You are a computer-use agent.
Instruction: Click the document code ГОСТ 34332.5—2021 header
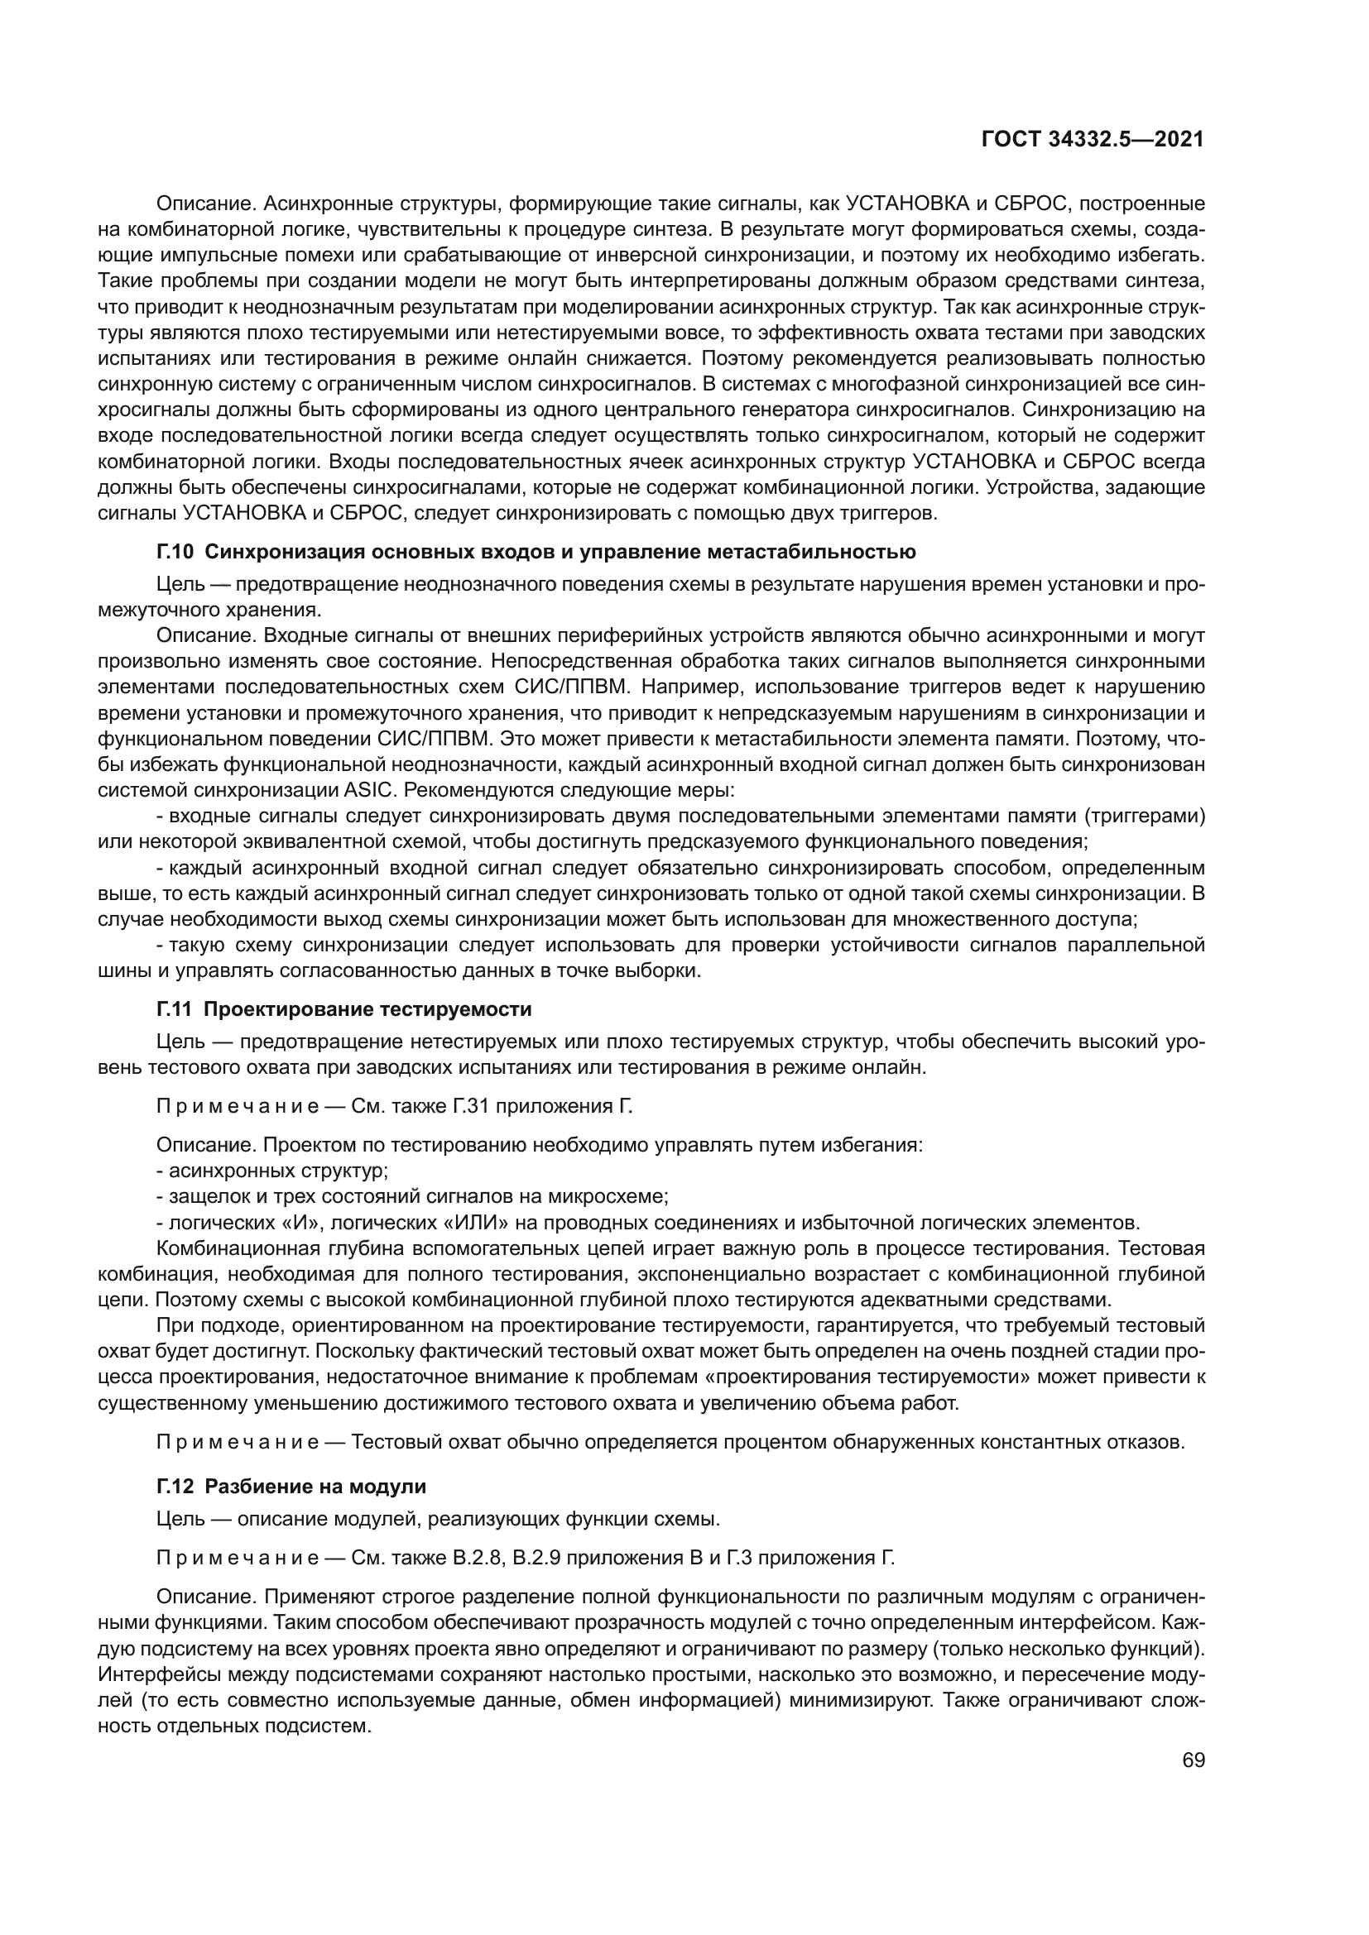pyautogui.click(x=1093, y=140)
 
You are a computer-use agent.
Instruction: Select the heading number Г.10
pyautogui.click(x=175, y=552)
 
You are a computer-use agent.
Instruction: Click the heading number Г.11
pyautogui.click(x=175, y=1008)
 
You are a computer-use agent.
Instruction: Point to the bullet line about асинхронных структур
pyautogui.click(x=273, y=1171)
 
